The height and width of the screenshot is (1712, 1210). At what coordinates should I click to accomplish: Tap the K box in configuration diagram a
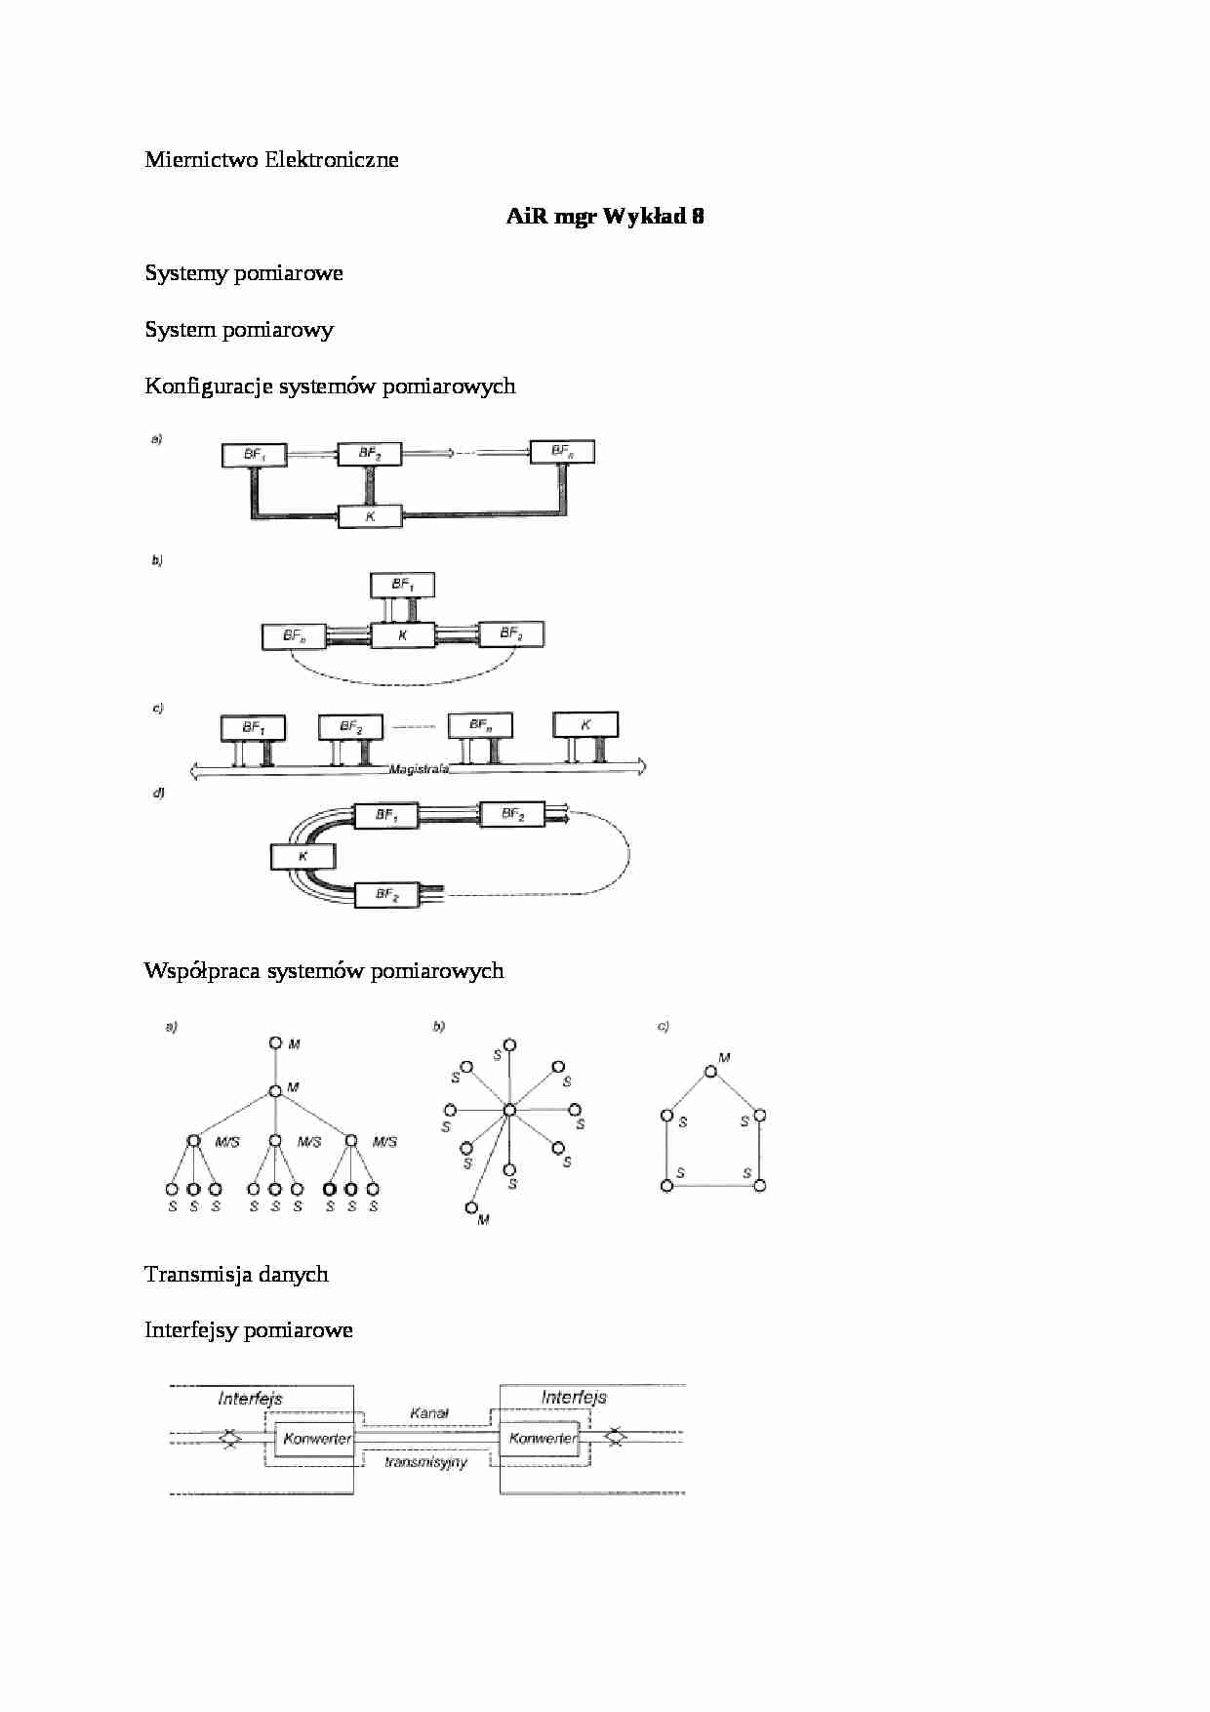pyautogui.click(x=370, y=516)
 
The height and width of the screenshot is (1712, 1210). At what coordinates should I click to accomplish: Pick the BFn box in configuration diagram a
pyautogui.click(x=561, y=452)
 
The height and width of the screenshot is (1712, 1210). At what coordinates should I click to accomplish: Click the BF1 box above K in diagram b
pyautogui.click(x=402, y=585)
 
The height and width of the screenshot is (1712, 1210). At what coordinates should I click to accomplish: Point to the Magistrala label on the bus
pyautogui.click(x=419, y=769)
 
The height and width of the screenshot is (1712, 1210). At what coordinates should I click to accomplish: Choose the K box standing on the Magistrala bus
pyautogui.click(x=585, y=725)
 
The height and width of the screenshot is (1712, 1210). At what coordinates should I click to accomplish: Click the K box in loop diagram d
pyautogui.click(x=302, y=857)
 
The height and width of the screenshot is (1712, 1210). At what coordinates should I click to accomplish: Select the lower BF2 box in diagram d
pyautogui.click(x=387, y=894)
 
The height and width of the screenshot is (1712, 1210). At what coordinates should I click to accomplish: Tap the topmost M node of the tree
pyautogui.click(x=275, y=1043)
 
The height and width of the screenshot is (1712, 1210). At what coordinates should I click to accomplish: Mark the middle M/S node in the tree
pyautogui.click(x=275, y=1140)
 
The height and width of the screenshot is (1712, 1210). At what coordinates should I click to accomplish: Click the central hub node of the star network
pyautogui.click(x=508, y=1110)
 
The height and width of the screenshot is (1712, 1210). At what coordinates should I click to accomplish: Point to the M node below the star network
pyautogui.click(x=471, y=1207)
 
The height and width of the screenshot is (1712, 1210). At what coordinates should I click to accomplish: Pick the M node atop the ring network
pyautogui.click(x=711, y=1072)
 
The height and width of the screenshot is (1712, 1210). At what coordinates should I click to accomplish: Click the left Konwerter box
pyautogui.click(x=315, y=1439)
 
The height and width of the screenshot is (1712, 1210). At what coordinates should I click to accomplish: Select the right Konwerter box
pyautogui.click(x=542, y=1439)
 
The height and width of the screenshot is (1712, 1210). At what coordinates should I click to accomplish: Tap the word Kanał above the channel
pyautogui.click(x=429, y=1413)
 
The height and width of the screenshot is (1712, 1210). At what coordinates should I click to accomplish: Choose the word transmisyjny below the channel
pyautogui.click(x=425, y=1462)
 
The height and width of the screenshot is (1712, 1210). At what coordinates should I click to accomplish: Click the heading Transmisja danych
pyautogui.click(x=236, y=1275)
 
